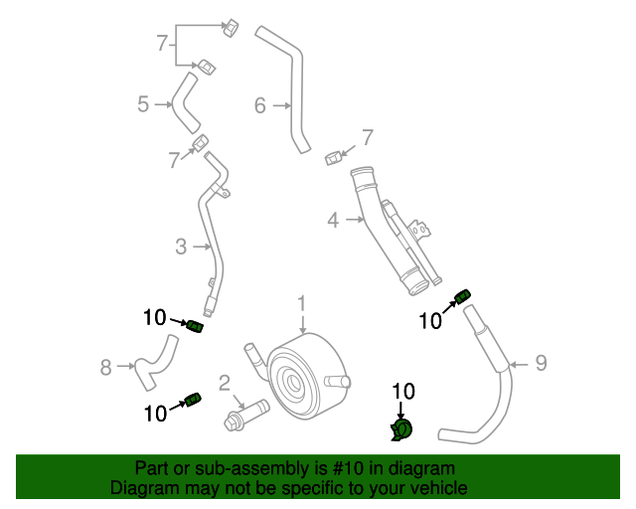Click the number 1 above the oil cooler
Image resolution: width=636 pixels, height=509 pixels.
(x=302, y=303)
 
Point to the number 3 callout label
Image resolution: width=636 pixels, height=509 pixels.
(x=181, y=247)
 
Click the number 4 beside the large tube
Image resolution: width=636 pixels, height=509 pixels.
(x=333, y=220)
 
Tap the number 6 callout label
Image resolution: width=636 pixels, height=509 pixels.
(x=260, y=104)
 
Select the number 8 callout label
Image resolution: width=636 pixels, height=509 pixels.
(x=106, y=368)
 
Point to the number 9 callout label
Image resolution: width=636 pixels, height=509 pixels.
(x=541, y=363)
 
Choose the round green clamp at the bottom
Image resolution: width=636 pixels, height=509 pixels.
(x=402, y=429)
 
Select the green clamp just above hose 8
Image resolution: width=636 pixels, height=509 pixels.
(x=195, y=326)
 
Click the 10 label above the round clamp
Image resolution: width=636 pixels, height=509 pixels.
(x=403, y=392)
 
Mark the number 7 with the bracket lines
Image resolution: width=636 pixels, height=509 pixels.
(x=162, y=43)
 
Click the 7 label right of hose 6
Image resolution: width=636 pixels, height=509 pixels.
(x=367, y=137)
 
